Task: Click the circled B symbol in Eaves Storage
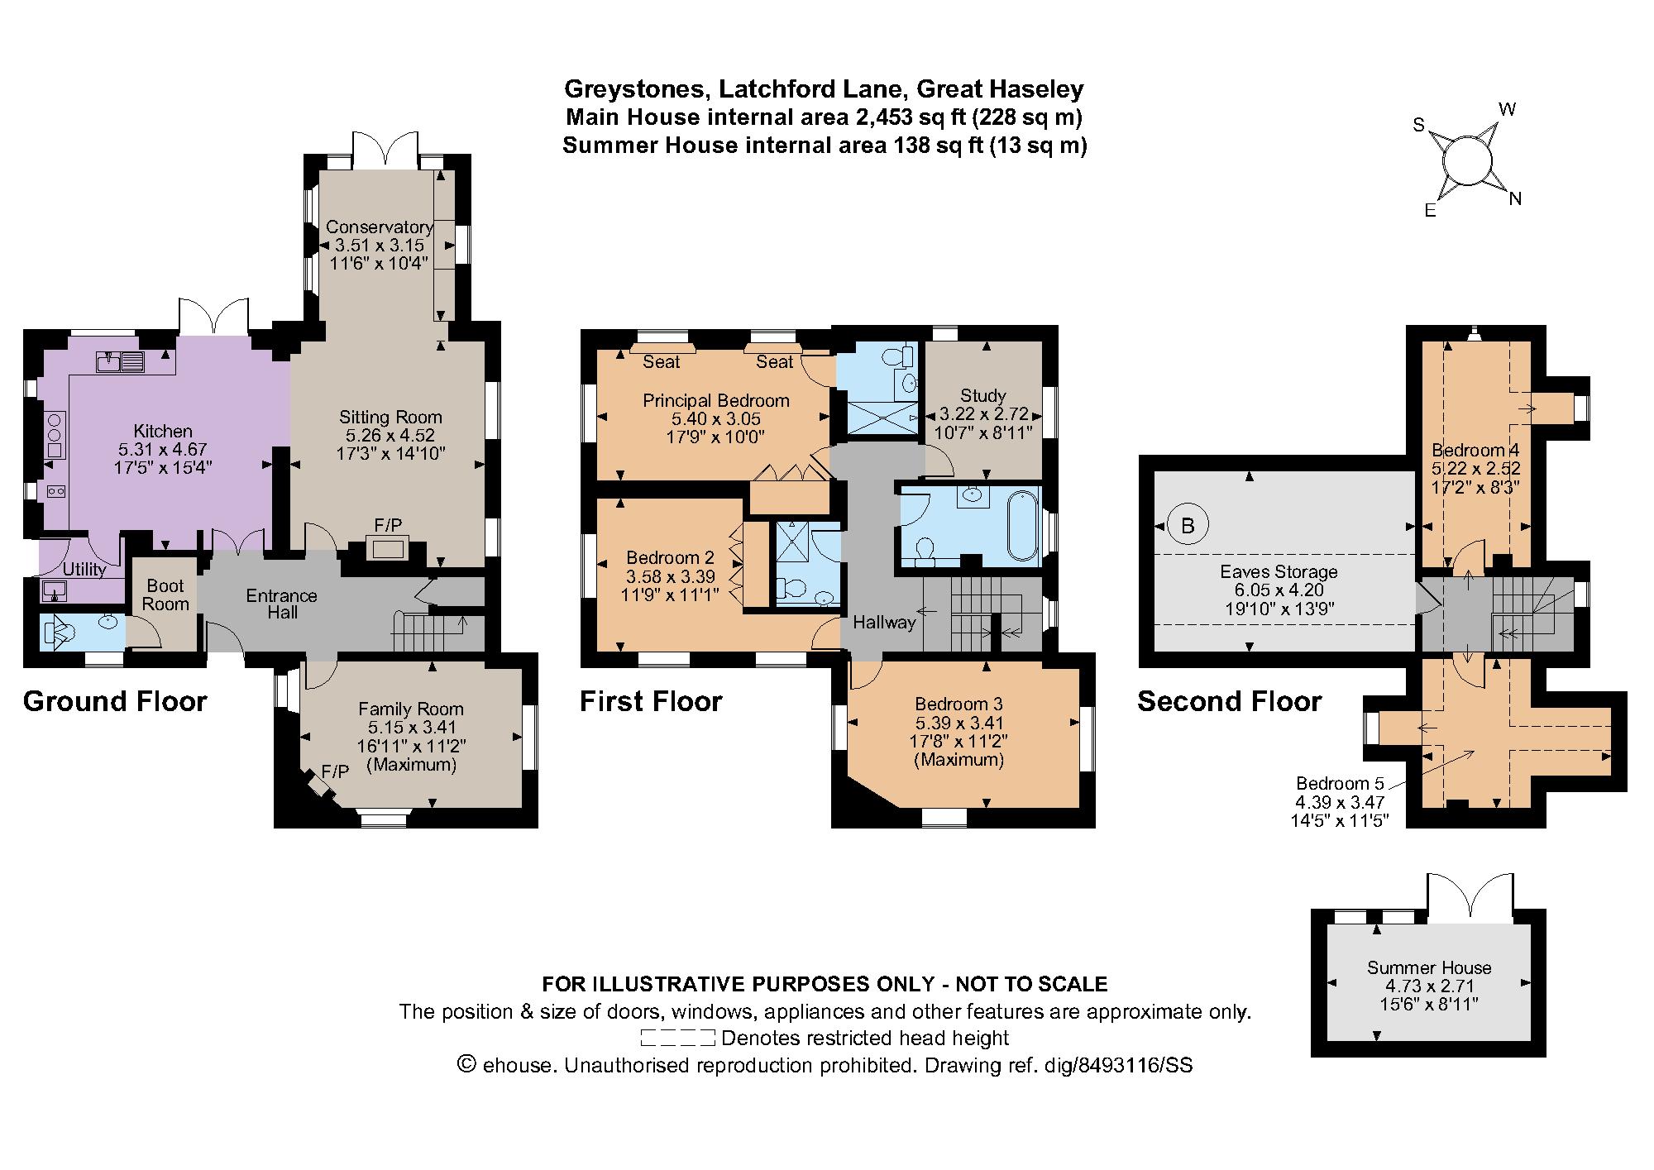1188,526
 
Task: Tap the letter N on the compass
1515,198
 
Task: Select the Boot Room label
165,595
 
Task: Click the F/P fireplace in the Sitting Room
388,547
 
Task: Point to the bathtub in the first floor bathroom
1023,524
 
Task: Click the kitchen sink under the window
120,361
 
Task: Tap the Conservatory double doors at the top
383,150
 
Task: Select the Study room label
983,396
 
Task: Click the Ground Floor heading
115,701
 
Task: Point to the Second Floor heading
1229,701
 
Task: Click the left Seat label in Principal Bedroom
661,361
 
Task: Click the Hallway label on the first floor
884,622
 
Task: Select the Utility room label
84,570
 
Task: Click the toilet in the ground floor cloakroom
60,633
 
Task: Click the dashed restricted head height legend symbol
677,1038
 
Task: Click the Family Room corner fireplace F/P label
335,771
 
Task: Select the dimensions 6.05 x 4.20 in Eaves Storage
1278,590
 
